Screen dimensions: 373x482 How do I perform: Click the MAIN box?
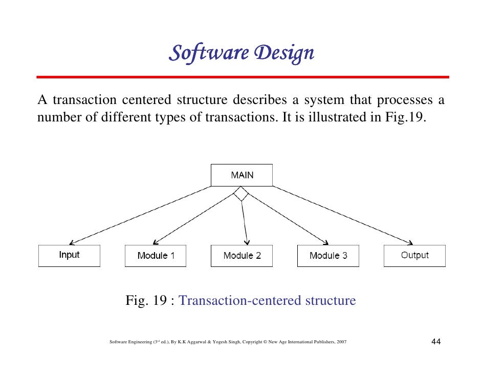(x=242, y=175)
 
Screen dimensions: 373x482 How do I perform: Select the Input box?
(x=69, y=255)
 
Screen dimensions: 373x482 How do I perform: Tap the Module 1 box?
(x=156, y=256)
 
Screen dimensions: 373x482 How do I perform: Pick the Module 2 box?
(x=242, y=256)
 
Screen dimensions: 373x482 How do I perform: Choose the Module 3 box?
(x=328, y=256)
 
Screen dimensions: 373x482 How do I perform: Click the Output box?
(x=414, y=255)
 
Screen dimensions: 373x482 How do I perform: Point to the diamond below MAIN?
(x=241, y=194)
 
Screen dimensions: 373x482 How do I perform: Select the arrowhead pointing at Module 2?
(x=247, y=241)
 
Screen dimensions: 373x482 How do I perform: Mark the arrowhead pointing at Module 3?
(x=325, y=242)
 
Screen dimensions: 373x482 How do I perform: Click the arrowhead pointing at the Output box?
(x=410, y=242)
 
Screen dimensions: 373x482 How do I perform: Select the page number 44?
(x=436, y=342)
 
